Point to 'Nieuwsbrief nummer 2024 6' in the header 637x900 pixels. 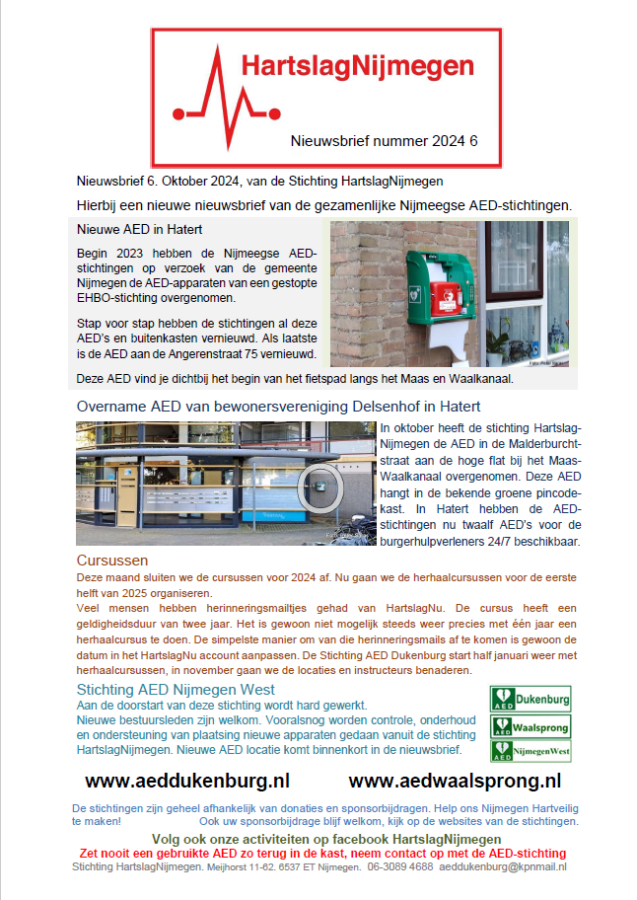coord(384,141)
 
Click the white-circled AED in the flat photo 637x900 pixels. coord(319,485)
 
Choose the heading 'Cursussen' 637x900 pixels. coord(112,561)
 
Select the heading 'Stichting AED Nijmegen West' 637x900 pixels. coord(177,689)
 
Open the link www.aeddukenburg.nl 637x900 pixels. coord(187,781)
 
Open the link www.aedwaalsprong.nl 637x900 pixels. coord(455,781)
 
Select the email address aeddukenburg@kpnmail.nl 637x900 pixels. coord(503,866)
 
